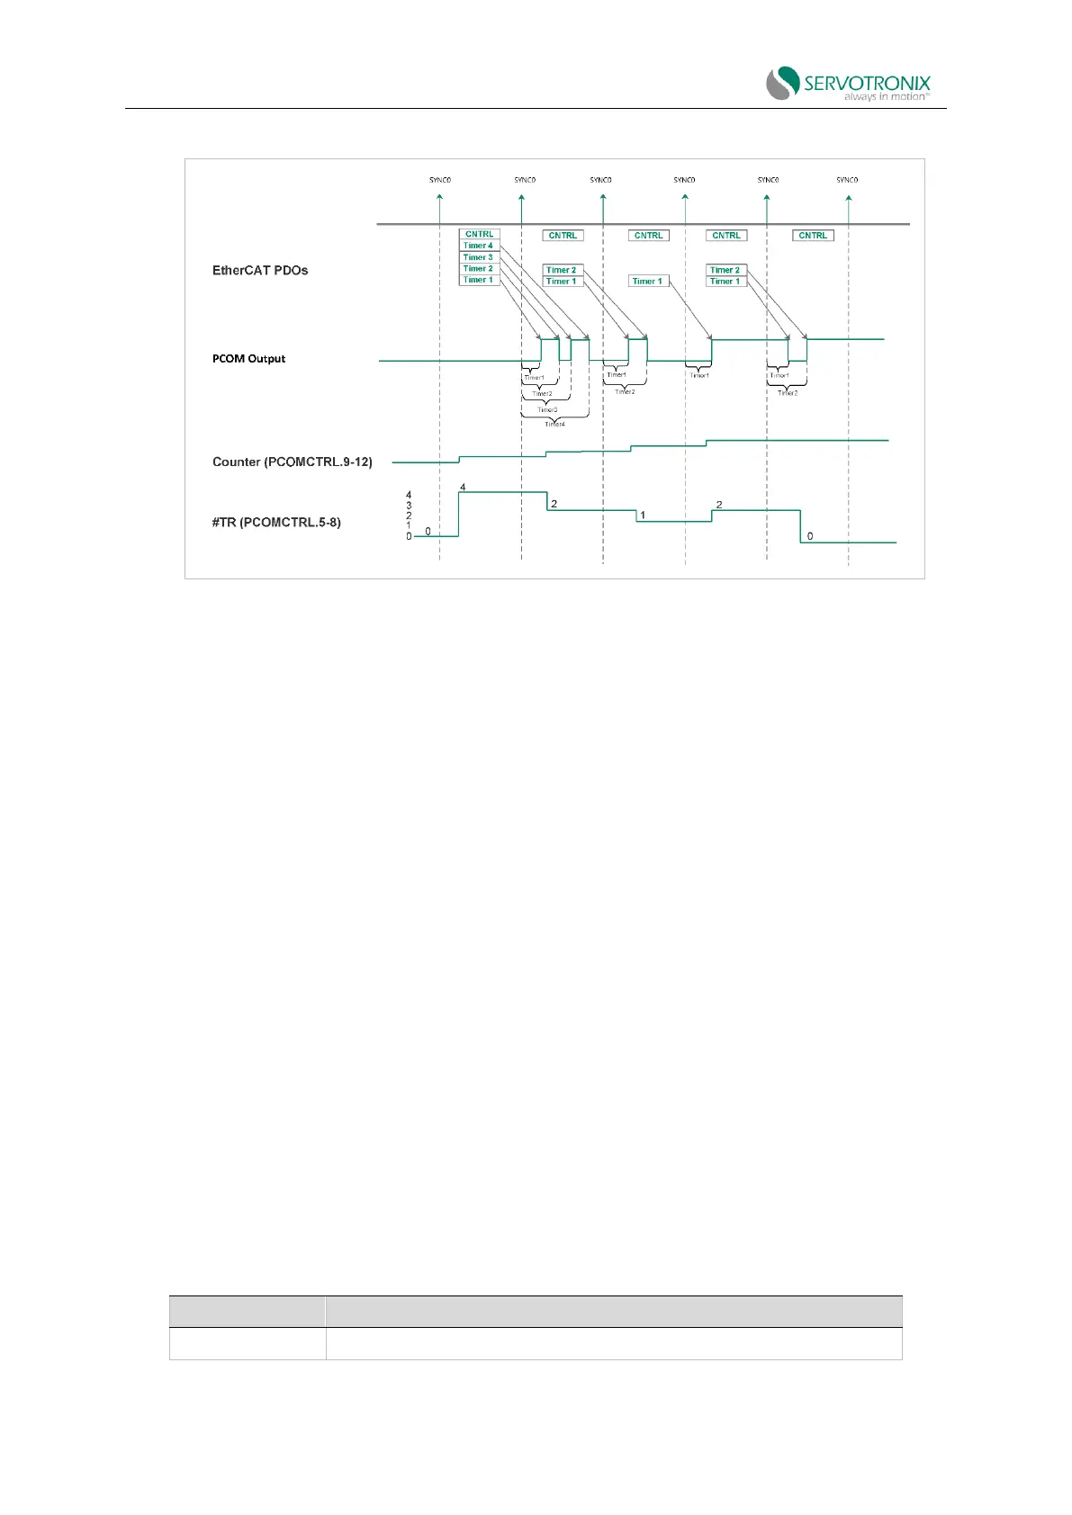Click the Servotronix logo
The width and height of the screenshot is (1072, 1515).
(847, 83)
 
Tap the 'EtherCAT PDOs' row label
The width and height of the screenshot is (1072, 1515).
(260, 270)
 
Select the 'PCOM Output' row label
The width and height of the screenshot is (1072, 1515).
(248, 358)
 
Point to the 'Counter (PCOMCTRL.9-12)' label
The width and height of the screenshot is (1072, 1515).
(292, 462)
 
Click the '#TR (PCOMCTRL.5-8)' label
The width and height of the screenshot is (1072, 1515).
(276, 522)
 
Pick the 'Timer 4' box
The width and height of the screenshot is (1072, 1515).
(478, 246)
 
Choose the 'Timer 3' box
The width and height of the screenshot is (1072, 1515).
(478, 257)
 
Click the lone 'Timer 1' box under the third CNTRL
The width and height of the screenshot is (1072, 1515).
(648, 282)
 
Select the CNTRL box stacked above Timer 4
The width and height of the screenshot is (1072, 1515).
(479, 234)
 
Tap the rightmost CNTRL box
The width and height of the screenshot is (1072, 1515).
(813, 236)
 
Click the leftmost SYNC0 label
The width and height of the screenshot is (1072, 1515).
(439, 180)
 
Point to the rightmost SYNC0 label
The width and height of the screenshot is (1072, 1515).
(847, 180)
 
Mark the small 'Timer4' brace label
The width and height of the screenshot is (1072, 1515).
(554, 424)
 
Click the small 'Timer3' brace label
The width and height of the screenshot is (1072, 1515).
(547, 409)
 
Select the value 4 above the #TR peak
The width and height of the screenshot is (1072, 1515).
(463, 488)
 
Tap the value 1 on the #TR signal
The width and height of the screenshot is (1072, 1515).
(643, 515)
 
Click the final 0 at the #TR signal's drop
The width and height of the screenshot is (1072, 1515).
(810, 536)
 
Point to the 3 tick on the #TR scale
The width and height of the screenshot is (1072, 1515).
(409, 506)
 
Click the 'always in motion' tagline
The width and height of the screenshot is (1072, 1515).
(886, 96)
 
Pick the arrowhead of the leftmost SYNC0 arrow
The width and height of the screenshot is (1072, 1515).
(439, 201)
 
